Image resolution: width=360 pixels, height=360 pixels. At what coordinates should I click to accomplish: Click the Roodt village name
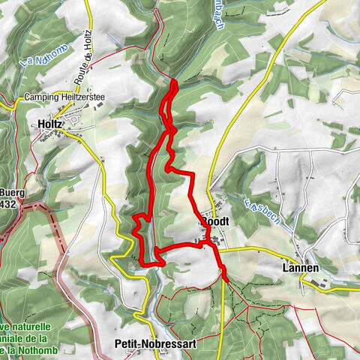click(214, 223)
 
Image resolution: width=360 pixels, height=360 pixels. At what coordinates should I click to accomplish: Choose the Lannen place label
click(300, 268)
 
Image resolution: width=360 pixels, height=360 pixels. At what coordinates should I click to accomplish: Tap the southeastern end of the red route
click(225, 280)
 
